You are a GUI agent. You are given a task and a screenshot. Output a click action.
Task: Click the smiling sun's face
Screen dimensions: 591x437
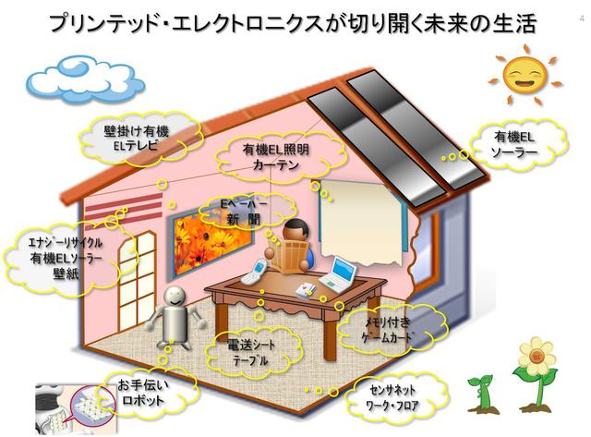coord(525,75)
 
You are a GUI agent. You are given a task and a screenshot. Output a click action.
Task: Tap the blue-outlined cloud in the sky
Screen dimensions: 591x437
coord(85,78)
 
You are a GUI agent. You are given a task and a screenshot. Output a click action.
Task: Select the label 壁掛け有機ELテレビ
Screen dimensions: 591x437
coord(136,138)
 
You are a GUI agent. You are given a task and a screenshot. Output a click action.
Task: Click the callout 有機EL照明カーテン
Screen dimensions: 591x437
coord(276,157)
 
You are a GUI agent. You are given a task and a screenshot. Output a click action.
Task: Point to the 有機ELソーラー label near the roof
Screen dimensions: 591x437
coord(514,144)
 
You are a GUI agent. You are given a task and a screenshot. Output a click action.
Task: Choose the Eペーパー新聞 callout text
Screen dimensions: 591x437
coord(244,212)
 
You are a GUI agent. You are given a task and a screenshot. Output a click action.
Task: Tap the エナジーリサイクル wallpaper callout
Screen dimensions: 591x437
coord(66,259)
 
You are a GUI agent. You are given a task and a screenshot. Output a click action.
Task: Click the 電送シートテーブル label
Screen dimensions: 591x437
coord(251,353)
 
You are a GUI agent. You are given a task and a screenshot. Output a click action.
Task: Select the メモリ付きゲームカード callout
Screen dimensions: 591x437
coord(387,330)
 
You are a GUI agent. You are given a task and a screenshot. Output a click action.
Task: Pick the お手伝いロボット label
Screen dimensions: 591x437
coord(143,393)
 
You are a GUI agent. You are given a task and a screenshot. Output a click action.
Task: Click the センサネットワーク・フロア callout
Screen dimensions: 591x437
coord(392,397)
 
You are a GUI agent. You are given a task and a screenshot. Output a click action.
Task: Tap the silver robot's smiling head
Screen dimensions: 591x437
coord(175,297)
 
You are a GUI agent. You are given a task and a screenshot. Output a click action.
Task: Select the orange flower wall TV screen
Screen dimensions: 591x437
coord(213,246)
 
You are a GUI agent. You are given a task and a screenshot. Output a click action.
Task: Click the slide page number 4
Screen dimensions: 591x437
coord(582,18)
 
